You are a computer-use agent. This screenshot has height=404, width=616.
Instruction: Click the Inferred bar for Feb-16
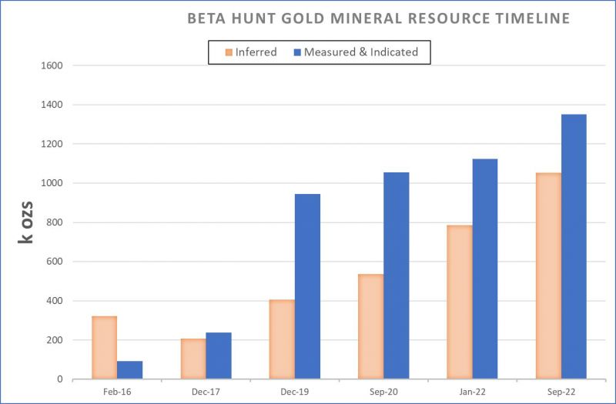pyautogui.click(x=104, y=348)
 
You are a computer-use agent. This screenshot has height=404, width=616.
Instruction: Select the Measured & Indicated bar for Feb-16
pyautogui.click(x=129, y=370)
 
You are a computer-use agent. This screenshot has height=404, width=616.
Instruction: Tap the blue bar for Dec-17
pyautogui.click(x=219, y=356)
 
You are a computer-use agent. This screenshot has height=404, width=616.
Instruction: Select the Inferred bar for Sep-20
pyautogui.click(x=370, y=326)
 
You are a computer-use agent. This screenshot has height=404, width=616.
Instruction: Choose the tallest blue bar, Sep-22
pyautogui.click(x=574, y=246)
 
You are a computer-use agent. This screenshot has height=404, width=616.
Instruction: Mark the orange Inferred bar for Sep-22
pyautogui.click(x=548, y=275)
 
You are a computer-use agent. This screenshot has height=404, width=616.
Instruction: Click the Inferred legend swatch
pyautogui.click(x=228, y=52)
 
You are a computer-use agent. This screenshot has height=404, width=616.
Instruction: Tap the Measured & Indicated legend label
pyautogui.click(x=361, y=52)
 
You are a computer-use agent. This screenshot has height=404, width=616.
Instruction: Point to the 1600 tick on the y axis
pyautogui.click(x=51, y=65)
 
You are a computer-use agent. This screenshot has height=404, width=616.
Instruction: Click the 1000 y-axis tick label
pyautogui.click(x=51, y=183)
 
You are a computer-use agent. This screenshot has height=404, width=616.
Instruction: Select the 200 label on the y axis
pyautogui.click(x=54, y=340)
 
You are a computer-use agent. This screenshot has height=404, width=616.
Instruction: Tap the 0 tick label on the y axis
pyautogui.click(x=59, y=379)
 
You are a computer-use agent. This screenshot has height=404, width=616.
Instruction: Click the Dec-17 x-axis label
pyautogui.click(x=206, y=392)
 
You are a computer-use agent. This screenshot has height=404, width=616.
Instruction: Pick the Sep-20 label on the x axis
pyautogui.click(x=383, y=392)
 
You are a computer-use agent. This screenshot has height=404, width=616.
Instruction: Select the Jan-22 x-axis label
pyautogui.click(x=471, y=392)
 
